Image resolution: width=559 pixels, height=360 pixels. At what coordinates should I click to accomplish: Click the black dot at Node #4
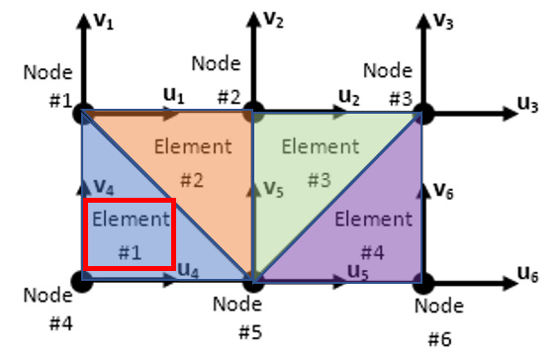click(82, 281)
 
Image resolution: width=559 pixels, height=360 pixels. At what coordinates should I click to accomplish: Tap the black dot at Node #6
click(423, 284)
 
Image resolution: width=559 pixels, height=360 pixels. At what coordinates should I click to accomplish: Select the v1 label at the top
click(104, 22)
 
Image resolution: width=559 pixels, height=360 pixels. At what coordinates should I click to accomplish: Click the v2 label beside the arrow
click(273, 20)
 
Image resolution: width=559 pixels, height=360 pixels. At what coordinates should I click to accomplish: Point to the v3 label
click(443, 22)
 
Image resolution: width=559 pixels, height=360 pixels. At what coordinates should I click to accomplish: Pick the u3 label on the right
click(527, 105)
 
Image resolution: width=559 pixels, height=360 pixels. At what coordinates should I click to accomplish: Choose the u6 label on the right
click(527, 275)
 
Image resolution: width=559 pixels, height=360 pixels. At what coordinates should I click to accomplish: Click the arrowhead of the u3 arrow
click(510, 114)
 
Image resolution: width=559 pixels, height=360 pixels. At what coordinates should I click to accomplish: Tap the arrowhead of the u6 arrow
click(510, 284)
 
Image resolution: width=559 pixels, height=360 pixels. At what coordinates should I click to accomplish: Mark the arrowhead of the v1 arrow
click(84, 21)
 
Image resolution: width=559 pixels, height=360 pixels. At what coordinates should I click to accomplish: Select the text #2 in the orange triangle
click(192, 180)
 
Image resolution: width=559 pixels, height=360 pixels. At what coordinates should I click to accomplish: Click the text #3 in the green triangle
click(319, 180)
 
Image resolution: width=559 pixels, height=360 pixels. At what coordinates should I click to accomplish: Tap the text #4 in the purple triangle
click(373, 253)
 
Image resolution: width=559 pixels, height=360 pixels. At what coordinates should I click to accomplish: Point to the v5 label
click(274, 189)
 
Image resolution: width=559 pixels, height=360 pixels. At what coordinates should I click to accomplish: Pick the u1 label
click(173, 96)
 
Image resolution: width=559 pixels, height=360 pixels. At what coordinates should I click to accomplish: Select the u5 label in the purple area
click(358, 272)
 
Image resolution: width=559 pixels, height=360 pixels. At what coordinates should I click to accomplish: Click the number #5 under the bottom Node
click(250, 332)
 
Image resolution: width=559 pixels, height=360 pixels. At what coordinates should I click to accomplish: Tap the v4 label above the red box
click(104, 187)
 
